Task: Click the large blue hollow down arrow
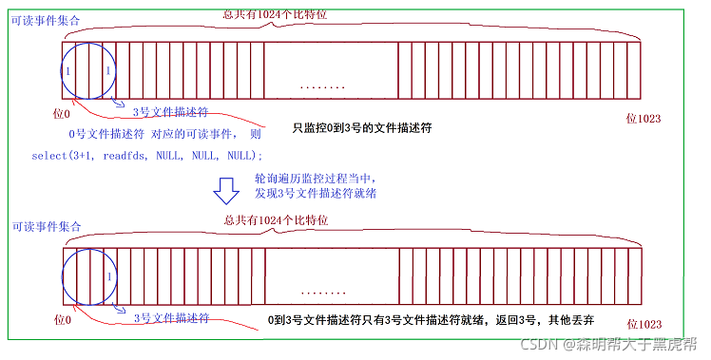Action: [225, 190]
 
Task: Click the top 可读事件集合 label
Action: [45, 19]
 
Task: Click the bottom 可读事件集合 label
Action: [45, 227]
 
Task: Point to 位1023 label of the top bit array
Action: [643, 119]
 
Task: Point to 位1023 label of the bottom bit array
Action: [644, 323]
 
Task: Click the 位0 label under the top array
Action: [62, 113]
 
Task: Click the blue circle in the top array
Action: [88, 70]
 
